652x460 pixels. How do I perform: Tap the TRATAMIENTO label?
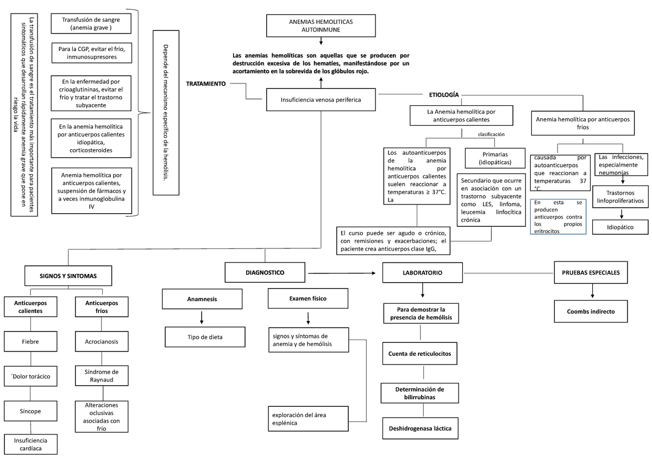[206, 85]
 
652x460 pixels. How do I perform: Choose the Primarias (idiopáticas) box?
[494, 158]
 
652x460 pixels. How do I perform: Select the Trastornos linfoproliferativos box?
[620, 197]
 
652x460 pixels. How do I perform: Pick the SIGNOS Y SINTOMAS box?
[68, 276]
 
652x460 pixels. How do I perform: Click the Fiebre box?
[30, 342]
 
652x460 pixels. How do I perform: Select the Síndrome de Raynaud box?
[102, 375]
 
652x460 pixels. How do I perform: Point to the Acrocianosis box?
[102, 342]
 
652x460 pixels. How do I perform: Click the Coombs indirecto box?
[591, 312]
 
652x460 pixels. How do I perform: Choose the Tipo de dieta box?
[202, 337]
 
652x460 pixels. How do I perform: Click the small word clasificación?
[491, 134]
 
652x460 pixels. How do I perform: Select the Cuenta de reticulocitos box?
[423, 354]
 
